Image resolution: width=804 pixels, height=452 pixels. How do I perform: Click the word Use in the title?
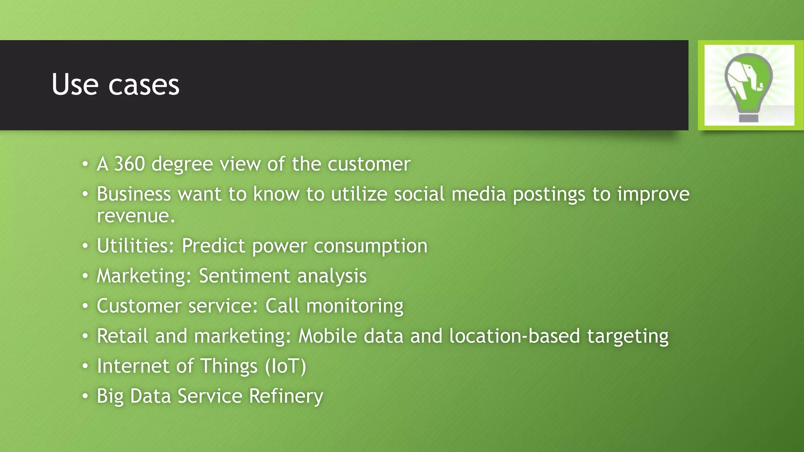[75, 85]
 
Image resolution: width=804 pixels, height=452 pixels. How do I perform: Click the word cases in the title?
[144, 86]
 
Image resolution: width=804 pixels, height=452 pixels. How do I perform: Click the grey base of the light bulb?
[749, 118]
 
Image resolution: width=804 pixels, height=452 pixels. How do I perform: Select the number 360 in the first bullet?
[130, 164]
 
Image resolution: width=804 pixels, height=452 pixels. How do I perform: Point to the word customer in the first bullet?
[369, 164]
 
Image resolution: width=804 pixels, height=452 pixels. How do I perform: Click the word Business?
[134, 194]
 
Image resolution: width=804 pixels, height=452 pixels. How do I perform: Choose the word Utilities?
[135, 246]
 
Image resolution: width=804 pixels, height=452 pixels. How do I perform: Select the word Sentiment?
[245, 276]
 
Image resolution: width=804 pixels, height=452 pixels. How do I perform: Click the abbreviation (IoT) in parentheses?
[285, 366]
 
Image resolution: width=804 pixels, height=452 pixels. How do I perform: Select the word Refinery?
[286, 396]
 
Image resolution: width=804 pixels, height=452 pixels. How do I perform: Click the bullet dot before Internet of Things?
[85, 366]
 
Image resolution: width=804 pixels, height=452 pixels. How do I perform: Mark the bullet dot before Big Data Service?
[85, 396]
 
